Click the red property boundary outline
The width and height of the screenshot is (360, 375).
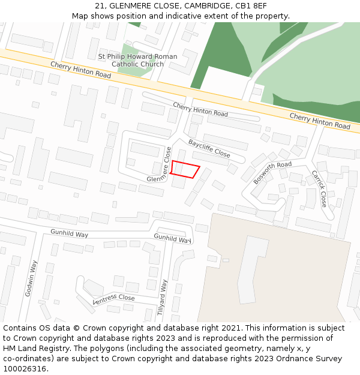(184, 169)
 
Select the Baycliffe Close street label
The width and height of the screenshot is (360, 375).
(209, 148)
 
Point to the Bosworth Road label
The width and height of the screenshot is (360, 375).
(272, 172)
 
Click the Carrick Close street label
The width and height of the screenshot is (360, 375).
(319, 188)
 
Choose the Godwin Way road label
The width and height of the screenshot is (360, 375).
(32, 278)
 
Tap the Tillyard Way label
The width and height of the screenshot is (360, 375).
(162, 298)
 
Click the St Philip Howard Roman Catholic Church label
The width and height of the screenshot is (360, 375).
(137, 61)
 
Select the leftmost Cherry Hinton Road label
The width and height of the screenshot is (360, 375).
(80, 70)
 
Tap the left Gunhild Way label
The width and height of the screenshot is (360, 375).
(69, 233)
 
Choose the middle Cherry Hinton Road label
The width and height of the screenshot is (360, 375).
(200, 109)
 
